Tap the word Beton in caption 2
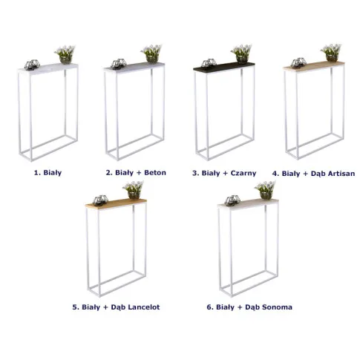pyautogui.click(x=155, y=172)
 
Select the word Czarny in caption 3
pyautogui.click(x=243, y=173)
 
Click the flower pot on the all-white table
pyautogui.click(x=66, y=59)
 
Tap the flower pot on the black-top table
pyautogui.click(x=242, y=59)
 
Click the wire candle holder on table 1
pyautogui.click(x=32, y=65)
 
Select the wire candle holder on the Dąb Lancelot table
pyautogui.click(x=100, y=200)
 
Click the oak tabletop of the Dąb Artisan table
pyautogui.click(x=313, y=65)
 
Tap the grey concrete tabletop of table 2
pyautogui.click(x=134, y=67)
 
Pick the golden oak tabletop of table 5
pyautogui.click(x=116, y=203)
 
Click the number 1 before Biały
pyautogui.click(x=36, y=172)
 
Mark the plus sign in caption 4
pyautogui.click(x=305, y=174)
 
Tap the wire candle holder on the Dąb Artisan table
pyautogui.click(x=298, y=63)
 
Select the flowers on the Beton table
pyautogui.click(x=151, y=50)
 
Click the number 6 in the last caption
pyautogui.click(x=209, y=307)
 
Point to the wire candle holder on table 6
pyautogui.click(x=232, y=200)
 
